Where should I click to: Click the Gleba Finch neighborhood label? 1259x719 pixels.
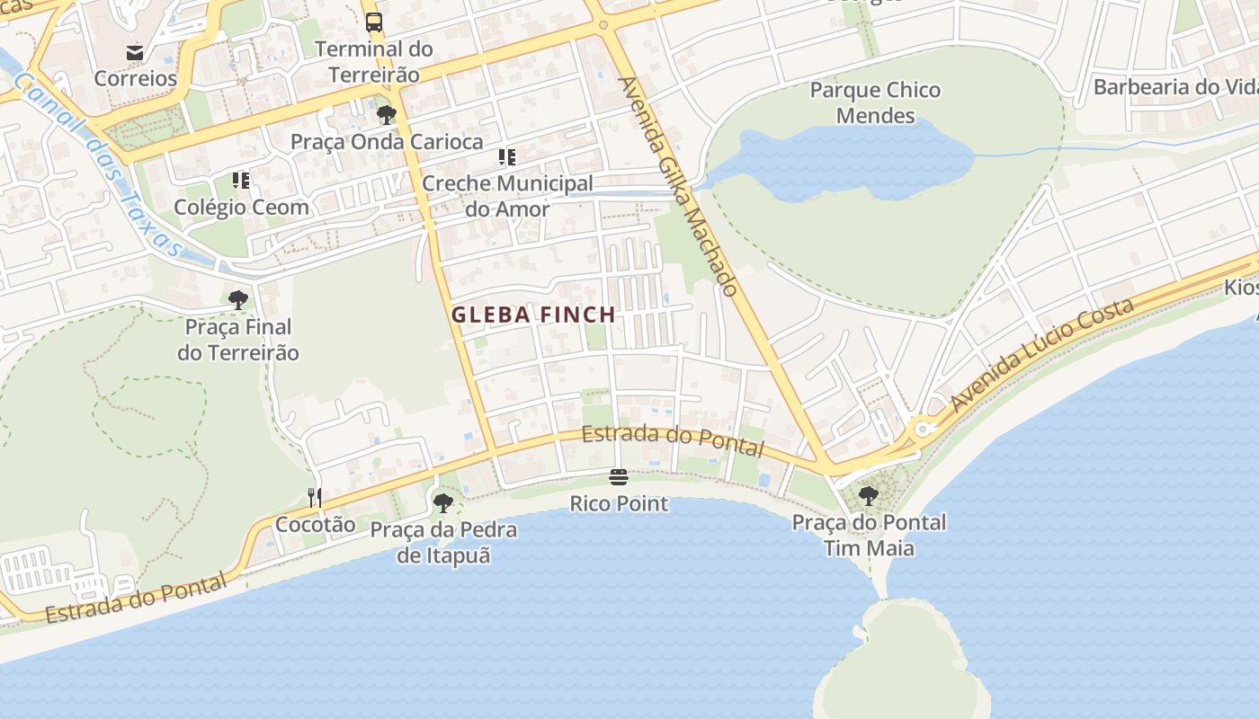tap(533, 315)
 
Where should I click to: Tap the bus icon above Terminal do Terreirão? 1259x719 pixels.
tap(373, 22)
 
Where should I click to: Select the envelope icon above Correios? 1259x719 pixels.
tap(135, 53)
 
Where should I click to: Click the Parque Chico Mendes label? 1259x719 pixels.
tap(875, 102)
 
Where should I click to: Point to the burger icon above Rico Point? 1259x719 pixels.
tap(619, 477)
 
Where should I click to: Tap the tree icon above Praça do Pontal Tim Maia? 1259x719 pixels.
tap(868, 495)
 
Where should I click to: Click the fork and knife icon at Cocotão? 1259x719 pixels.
tap(315, 497)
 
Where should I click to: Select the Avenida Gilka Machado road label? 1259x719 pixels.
tap(679, 186)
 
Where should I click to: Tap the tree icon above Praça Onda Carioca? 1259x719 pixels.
tap(387, 115)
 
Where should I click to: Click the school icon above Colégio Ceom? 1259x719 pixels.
tap(241, 181)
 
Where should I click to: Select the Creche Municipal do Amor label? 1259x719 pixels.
tap(507, 196)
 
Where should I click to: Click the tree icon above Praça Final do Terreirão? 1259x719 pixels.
tap(238, 300)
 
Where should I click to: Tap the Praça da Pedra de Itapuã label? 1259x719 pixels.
tap(443, 542)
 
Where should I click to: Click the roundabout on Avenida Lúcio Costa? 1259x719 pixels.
tap(923, 430)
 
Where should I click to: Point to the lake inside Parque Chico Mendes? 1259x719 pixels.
tap(854, 162)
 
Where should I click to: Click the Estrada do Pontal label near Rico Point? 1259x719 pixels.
tap(673, 439)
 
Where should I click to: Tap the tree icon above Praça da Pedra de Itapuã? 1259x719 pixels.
tap(442, 502)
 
